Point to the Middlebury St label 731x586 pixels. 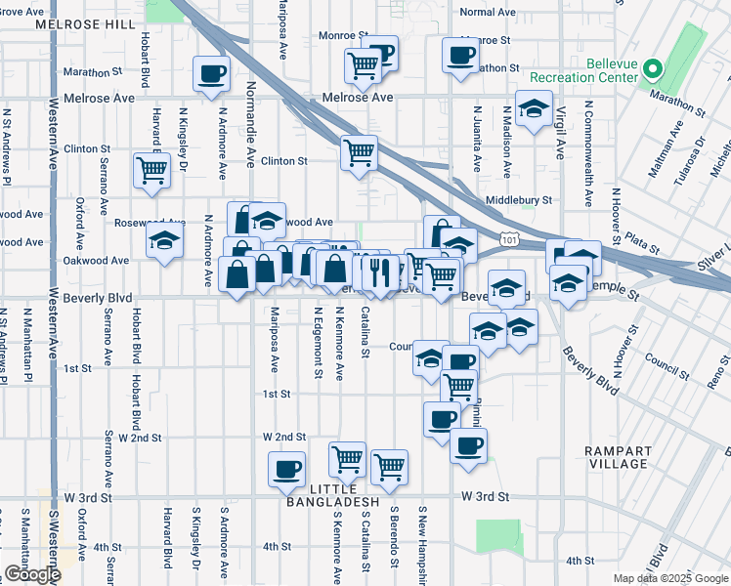click(519, 199)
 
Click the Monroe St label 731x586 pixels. click(342, 35)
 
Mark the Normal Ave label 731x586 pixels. click(486, 12)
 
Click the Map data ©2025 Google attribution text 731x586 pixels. click(670, 578)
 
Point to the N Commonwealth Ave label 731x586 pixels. click(588, 153)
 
